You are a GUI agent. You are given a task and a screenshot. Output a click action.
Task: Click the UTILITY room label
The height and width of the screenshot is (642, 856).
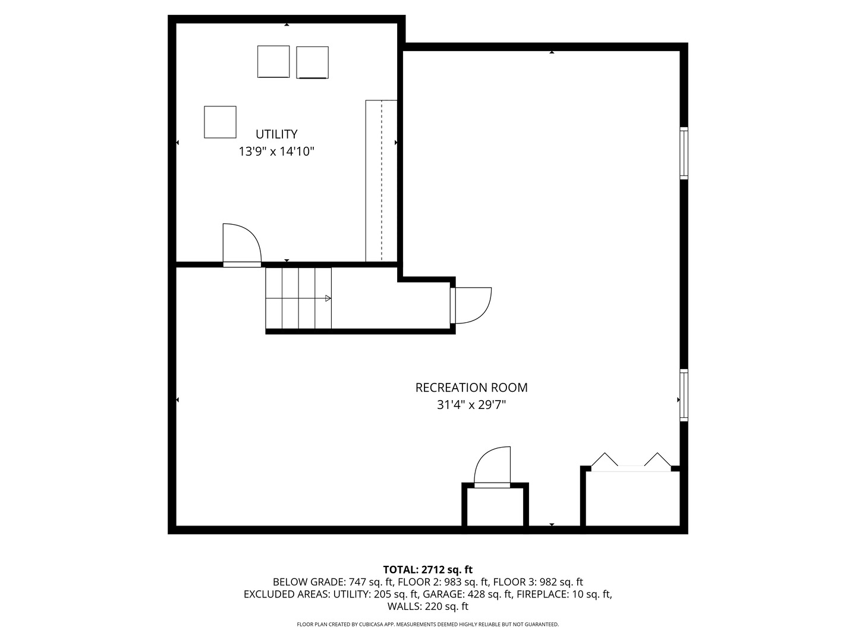pos(276,134)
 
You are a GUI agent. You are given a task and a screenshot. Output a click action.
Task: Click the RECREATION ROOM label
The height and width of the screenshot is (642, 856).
pos(471,388)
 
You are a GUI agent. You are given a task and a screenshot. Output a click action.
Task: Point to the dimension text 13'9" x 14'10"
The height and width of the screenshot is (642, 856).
pos(276,151)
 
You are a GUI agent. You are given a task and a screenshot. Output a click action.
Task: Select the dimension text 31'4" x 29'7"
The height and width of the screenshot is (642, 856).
pos(471,405)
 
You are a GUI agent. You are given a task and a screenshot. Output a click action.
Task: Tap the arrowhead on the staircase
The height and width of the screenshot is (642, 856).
pos(328,298)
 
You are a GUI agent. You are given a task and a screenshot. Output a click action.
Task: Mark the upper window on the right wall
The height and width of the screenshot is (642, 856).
pos(684,153)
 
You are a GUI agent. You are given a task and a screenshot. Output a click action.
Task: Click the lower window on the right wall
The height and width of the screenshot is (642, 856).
pos(684,395)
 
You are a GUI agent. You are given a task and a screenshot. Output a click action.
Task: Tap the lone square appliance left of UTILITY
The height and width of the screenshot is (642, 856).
pos(220,122)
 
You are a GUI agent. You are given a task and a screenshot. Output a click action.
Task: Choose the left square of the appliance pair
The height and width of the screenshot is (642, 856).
pos(273,62)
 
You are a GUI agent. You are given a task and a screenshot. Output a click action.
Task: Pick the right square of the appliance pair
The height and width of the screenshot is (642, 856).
pos(312,62)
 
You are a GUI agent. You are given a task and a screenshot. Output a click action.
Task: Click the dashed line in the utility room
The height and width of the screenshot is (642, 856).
pos(382,181)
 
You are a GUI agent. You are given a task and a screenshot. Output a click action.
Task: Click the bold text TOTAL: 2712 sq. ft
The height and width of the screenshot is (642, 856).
pos(428,569)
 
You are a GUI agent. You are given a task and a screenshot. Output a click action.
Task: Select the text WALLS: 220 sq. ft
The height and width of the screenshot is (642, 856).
pos(428,606)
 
